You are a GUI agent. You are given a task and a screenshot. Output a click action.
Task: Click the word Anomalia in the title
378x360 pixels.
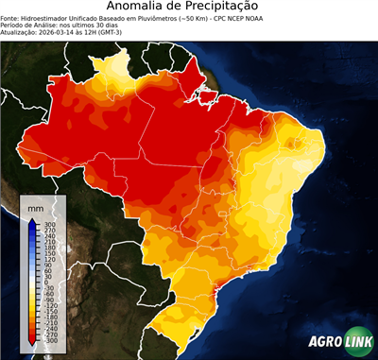tap(139, 8)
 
